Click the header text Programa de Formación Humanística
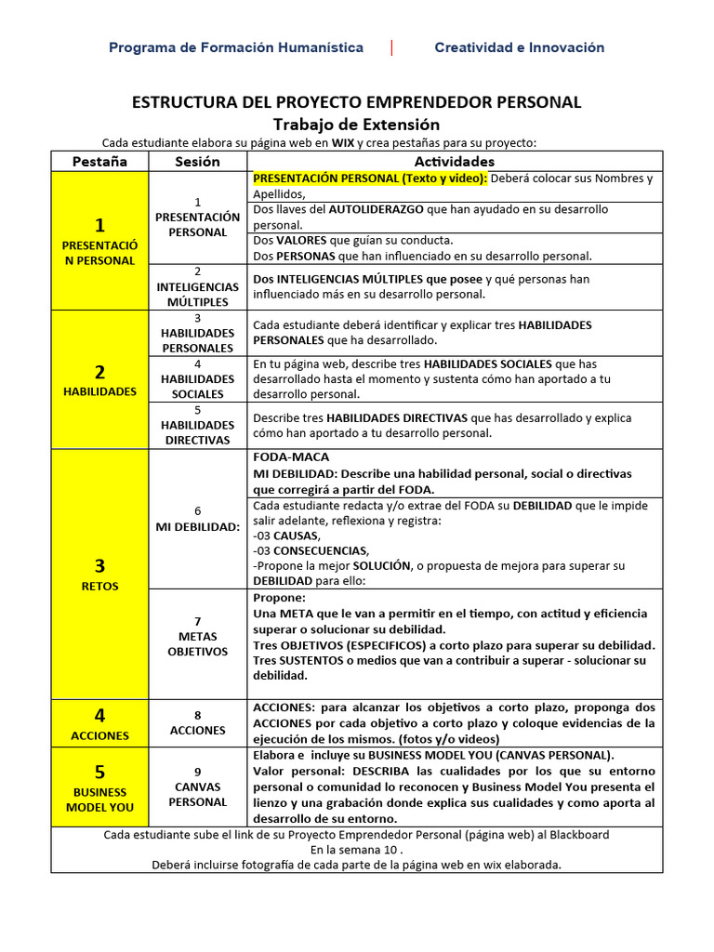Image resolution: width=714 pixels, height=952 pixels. point(236,47)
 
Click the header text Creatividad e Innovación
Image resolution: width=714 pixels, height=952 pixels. point(519,47)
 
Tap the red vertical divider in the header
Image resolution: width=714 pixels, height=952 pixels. point(391,47)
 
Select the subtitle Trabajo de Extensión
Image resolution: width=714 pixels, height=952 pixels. point(356,124)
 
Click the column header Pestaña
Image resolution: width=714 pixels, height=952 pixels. point(99,161)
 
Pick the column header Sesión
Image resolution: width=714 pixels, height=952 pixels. point(197,161)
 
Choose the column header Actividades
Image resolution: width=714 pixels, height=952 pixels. point(455,161)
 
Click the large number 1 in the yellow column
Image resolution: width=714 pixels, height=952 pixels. point(99,225)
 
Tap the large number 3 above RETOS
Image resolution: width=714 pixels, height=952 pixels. point(99,565)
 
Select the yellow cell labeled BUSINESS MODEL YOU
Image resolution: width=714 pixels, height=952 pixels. point(99,799)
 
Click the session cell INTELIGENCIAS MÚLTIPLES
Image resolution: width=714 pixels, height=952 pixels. point(197,287)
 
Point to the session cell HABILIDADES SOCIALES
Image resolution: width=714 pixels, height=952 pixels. point(197,379)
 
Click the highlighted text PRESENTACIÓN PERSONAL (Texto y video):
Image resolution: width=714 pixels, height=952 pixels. point(369,178)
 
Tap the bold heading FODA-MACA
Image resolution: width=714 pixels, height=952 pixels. point(291,457)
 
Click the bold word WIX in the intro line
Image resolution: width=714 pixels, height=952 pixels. point(343,142)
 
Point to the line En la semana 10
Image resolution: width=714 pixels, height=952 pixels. point(357,850)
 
